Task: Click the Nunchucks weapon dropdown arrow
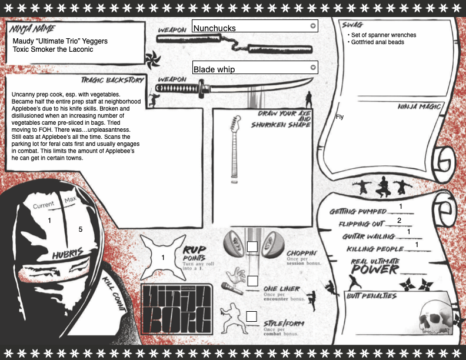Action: tap(313, 26)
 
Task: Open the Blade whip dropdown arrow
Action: tap(313, 68)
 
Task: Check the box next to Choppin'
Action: tap(252, 246)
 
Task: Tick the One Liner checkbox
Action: tap(252, 281)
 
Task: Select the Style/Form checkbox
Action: tap(252, 316)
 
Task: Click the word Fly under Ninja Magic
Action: tap(339, 117)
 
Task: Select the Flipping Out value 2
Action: tap(399, 221)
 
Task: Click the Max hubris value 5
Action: tap(81, 229)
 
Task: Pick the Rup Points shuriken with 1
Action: tap(163, 257)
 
